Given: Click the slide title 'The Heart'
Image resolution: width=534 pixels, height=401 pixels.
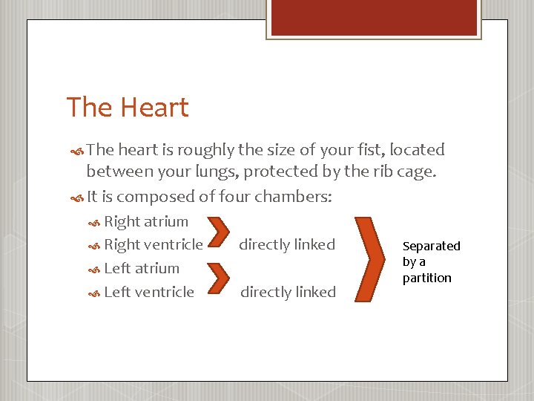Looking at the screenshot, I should (128, 108).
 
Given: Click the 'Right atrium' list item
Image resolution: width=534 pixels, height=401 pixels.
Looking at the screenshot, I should (146, 221).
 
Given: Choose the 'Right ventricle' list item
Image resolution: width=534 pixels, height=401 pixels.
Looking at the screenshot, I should (154, 244).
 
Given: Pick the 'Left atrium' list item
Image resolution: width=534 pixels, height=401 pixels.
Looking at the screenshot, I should (142, 268).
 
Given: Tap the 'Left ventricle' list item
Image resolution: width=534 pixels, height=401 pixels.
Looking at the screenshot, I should (149, 292).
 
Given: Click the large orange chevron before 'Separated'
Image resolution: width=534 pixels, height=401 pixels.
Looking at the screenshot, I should (376, 258).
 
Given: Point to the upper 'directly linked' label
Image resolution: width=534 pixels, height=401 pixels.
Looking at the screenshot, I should (287, 244).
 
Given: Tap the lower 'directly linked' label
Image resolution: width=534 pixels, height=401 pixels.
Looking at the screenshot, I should (288, 292).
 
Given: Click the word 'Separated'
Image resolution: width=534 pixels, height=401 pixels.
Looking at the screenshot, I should (431, 246).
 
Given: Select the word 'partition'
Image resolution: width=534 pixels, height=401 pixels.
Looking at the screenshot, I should (426, 278).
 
